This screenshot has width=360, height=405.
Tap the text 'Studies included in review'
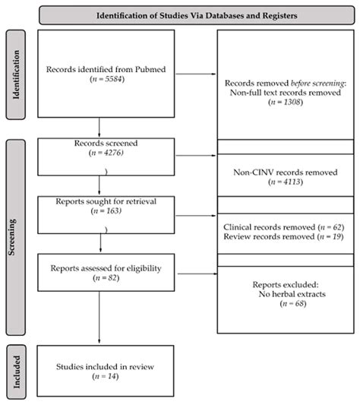pyautogui.click(x=99, y=365)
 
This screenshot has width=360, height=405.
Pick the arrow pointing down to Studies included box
pyautogui.click(x=99, y=319)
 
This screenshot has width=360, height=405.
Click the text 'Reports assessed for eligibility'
pyautogui.click(x=99, y=267)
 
